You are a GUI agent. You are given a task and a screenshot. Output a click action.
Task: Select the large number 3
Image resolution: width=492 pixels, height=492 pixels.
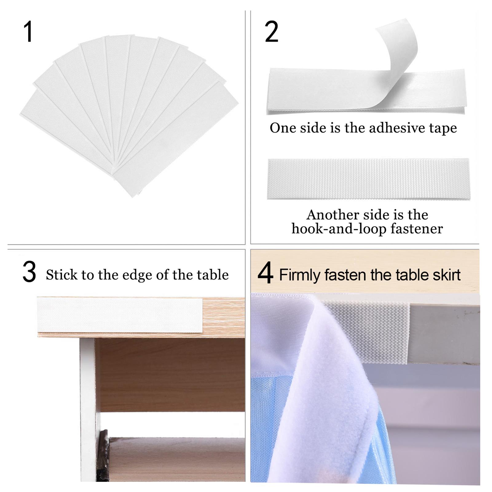pos(29,272)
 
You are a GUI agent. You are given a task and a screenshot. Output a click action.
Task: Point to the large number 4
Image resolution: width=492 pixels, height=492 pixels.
pos(265,273)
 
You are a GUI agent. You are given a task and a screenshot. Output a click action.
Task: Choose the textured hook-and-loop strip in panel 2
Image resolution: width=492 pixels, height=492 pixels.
pos(368,179)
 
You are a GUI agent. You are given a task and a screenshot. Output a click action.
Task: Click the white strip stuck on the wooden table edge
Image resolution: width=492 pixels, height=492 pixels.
pos(120,315)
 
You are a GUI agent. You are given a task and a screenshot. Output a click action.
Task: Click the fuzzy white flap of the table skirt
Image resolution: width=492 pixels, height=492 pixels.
pos(332,384)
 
